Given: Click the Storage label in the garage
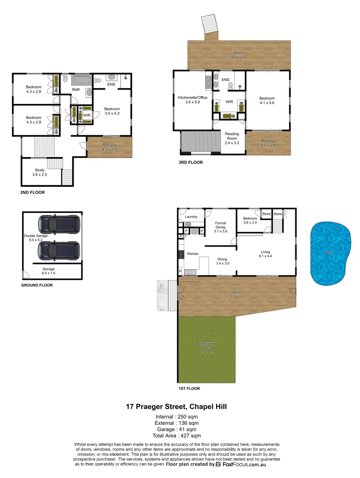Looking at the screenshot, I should [48, 271].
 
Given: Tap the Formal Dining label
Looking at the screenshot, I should [221, 227].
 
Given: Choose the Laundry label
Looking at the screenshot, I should [191, 216].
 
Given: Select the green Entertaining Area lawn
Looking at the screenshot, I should [207, 350].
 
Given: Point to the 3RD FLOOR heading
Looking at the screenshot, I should [190, 162].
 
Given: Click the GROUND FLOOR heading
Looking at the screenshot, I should [37, 285].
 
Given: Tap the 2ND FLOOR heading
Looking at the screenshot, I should [32, 193].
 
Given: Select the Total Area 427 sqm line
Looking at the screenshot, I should [177, 436].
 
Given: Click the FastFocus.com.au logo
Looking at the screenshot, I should [240, 465].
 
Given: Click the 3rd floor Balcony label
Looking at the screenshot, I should [268, 143].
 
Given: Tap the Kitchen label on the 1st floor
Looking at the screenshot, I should [193, 254].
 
